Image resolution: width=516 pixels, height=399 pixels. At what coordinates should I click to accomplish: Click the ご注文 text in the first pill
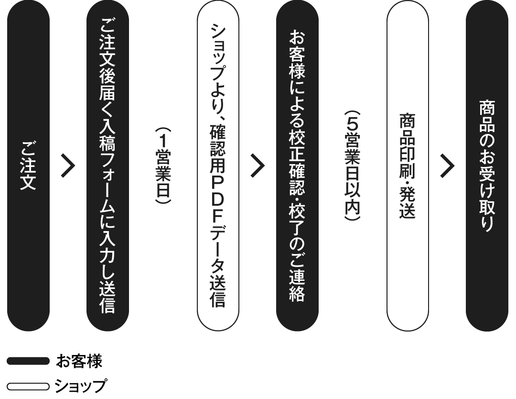coord(28,165)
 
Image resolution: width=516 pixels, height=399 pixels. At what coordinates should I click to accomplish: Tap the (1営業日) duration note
coord(163,166)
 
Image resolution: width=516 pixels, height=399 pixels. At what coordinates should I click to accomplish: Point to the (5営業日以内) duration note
coord(352,166)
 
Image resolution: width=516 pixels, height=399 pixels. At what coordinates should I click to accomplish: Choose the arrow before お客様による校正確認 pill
coord(258,166)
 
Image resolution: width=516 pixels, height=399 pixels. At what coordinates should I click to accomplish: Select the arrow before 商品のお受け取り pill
coord(448,166)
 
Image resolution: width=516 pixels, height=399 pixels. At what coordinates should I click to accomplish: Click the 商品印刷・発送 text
coord(408,166)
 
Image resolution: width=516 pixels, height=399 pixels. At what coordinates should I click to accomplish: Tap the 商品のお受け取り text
coord(487,166)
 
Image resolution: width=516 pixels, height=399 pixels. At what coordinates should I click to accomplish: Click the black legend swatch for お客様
coord(28,361)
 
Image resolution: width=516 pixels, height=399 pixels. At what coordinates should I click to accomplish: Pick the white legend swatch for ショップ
coord(28,386)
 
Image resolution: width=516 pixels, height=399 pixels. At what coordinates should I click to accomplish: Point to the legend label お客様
coord(79,361)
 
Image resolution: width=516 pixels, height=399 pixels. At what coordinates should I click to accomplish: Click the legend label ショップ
coord(81,386)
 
